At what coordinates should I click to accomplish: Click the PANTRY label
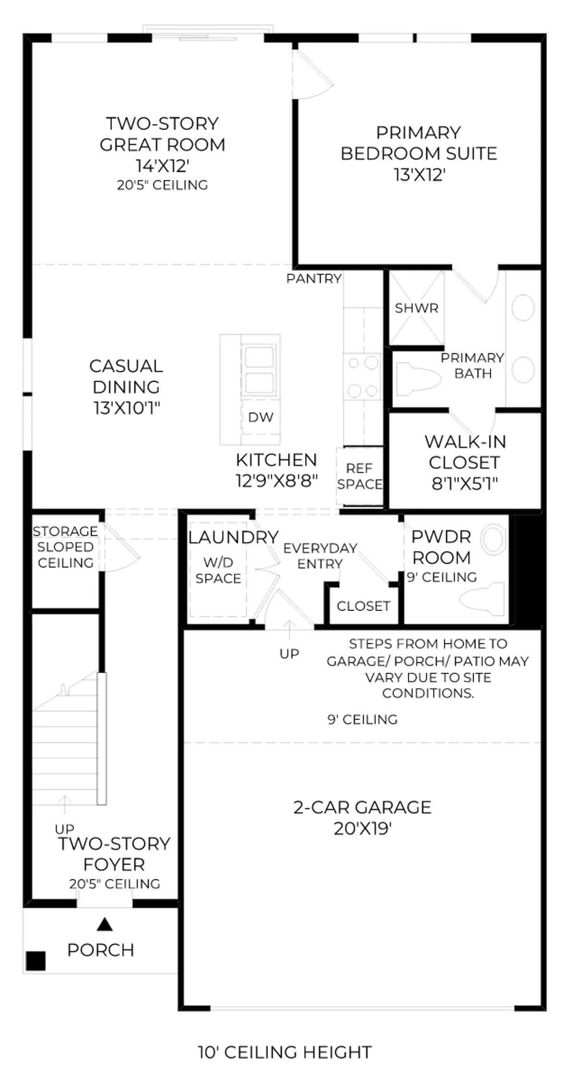pyautogui.click(x=314, y=279)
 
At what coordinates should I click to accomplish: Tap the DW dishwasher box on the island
pyautogui.click(x=261, y=417)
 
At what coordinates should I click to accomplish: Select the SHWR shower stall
pyautogui.click(x=416, y=307)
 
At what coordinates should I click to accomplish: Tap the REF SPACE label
pyautogui.click(x=360, y=476)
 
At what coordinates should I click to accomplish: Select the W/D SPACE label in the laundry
pyautogui.click(x=218, y=570)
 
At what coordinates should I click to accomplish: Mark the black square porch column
pyautogui.click(x=36, y=961)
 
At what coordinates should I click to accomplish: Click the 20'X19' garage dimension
pyautogui.click(x=363, y=828)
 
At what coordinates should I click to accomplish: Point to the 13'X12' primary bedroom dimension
pyautogui.click(x=419, y=174)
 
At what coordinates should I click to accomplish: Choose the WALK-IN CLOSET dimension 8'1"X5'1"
pyautogui.click(x=464, y=483)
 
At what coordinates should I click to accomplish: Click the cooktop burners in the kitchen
pyautogui.click(x=363, y=377)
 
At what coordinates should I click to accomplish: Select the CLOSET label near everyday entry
pyautogui.click(x=364, y=606)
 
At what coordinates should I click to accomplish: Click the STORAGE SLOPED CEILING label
pyautogui.click(x=65, y=547)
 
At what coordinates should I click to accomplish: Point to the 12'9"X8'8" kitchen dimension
pyautogui.click(x=277, y=480)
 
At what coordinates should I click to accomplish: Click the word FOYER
pyautogui.click(x=114, y=864)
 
